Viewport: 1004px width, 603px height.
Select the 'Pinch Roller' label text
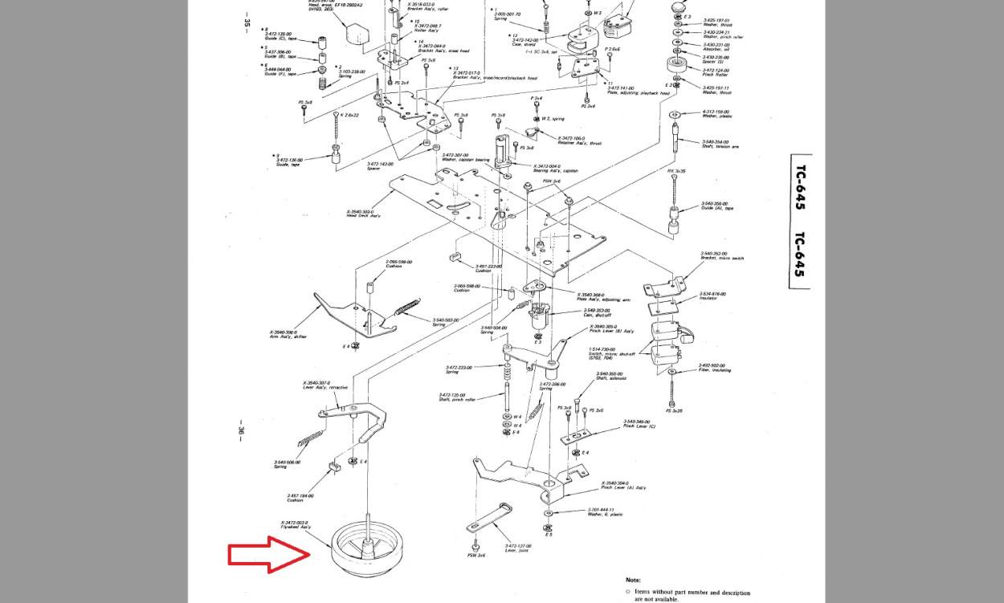coord(716,74)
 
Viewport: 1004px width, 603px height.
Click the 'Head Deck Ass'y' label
coord(361,214)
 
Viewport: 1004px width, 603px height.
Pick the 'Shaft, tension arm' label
coord(720,146)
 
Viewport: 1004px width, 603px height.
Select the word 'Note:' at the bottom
coord(633,580)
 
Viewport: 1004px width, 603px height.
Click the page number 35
coord(246,22)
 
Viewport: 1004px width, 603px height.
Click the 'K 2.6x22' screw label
coord(349,115)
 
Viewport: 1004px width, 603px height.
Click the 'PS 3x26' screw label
coord(674,411)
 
